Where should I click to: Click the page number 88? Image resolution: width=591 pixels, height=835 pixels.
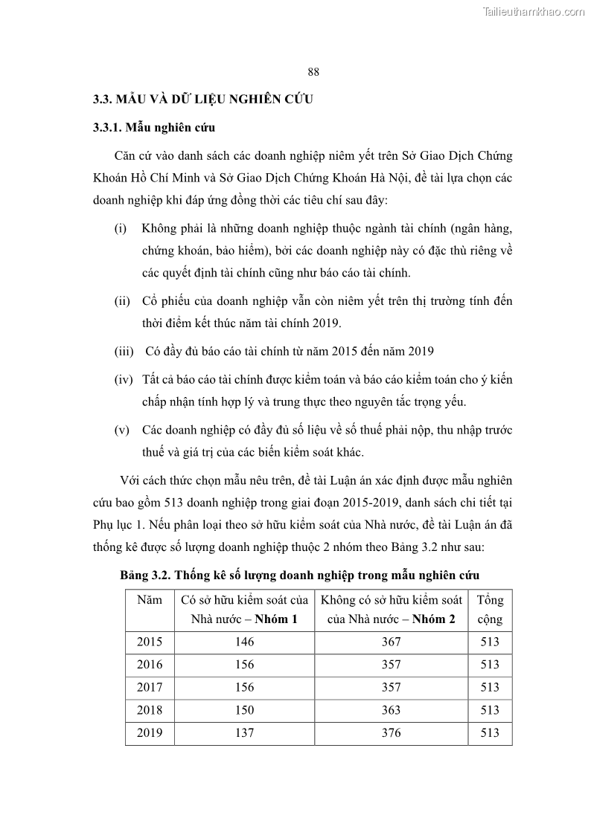[x=313, y=71]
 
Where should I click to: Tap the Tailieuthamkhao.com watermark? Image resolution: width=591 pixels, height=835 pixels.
[x=534, y=11]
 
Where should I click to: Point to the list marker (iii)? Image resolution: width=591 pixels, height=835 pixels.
[x=124, y=351]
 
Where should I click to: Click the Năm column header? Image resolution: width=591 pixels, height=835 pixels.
[x=150, y=600]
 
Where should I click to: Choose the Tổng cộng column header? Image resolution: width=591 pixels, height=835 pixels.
[x=490, y=609]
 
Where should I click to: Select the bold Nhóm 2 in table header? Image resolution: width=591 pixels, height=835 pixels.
[x=434, y=619]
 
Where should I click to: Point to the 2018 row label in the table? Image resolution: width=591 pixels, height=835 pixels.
[x=150, y=710]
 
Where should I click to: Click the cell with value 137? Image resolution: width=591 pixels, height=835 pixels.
[x=244, y=733]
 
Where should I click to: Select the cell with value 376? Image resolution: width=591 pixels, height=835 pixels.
[x=391, y=733]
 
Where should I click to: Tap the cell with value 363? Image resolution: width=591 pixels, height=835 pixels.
[x=391, y=710]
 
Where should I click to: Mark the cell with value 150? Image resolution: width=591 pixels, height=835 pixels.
[x=244, y=710]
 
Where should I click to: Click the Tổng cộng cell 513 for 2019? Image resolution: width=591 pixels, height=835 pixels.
[x=490, y=733]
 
